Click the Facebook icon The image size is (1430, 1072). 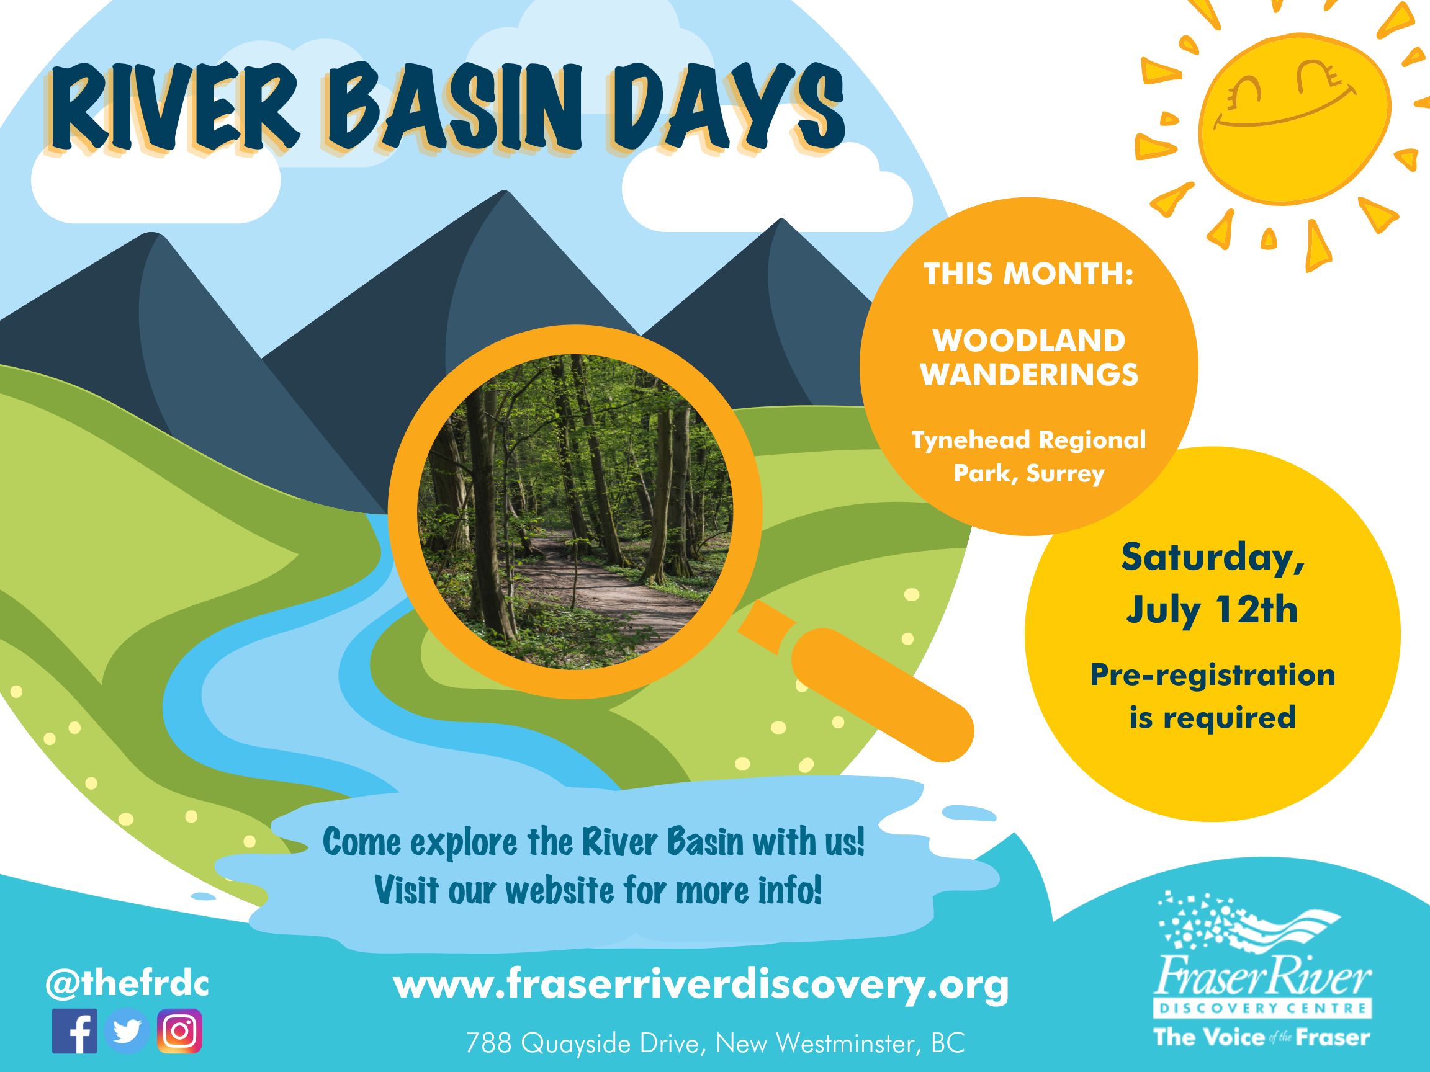(x=75, y=1031)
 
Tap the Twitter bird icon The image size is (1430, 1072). (x=127, y=1031)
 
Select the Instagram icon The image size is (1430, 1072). (x=179, y=1031)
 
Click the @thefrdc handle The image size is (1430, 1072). (x=127, y=984)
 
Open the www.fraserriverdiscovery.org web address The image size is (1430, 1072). (x=701, y=985)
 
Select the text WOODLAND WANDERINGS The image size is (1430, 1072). (x=1029, y=358)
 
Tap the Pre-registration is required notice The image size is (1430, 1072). (x=1213, y=696)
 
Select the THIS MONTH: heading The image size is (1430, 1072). (x=1028, y=275)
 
